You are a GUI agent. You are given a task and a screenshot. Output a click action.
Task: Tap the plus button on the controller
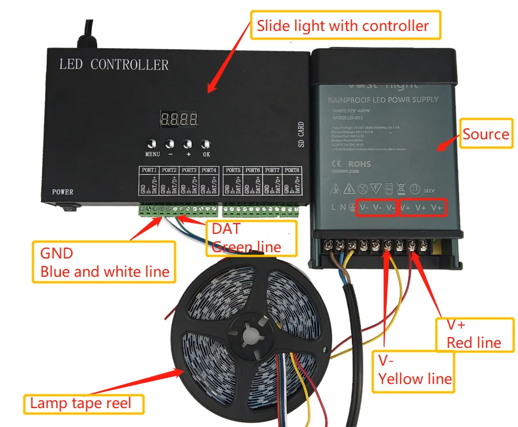[x=188, y=144]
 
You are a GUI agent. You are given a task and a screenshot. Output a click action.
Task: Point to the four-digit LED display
[x=179, y=120]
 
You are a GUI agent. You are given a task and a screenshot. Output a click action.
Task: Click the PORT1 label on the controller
[x=150, y=170]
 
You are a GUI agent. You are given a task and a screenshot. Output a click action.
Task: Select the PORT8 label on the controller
[x=292, y=170]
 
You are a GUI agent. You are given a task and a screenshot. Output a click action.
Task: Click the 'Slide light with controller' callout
[x=343, y=26]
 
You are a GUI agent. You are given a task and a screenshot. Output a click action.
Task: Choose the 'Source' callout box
[x=486, y=134]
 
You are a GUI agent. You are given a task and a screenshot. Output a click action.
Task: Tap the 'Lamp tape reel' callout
[x=80, y=403]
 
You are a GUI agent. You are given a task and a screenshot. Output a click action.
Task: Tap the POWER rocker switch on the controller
[x=69, y=209]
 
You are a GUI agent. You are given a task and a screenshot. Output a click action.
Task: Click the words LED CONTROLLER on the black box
[x=114, y=64]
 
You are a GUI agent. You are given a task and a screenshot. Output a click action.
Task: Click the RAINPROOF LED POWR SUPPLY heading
[x=383, y=100]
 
